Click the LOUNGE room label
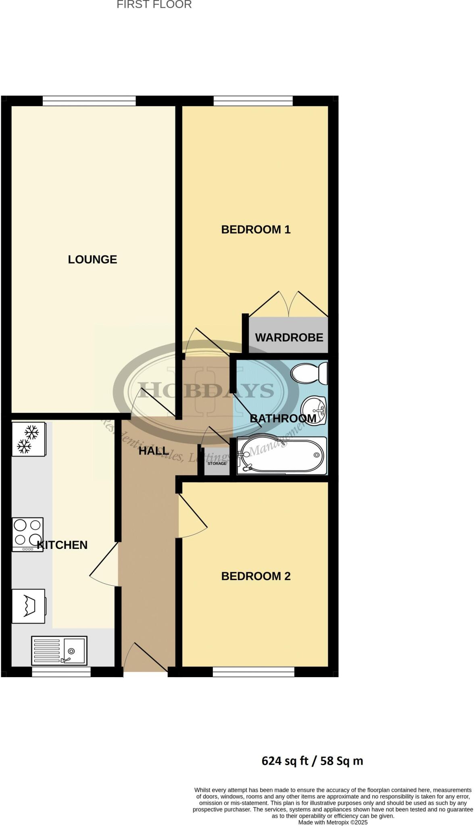(x=92, y=259)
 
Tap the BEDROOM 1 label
(x=256, y=229)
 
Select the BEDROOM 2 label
(x=256, y=576)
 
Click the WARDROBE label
(x=289, y=337)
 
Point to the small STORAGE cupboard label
(x=217, y=463)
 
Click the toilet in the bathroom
(x=310, y=373)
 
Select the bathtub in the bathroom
(x=281, y=455)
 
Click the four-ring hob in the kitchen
(x=27, y=534)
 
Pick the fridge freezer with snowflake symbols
(x=28, y=439)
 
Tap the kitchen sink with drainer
(x=59, y=651)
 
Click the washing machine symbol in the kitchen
(x=28, y=605)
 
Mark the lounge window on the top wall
(x=89, y=101)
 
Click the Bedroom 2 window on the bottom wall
(x=253, y=672)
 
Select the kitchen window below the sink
(x=61, y=672)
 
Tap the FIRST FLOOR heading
(x=154, y=5)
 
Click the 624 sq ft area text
(x=312, y=761)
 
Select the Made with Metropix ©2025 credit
(x=333, y=822)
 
